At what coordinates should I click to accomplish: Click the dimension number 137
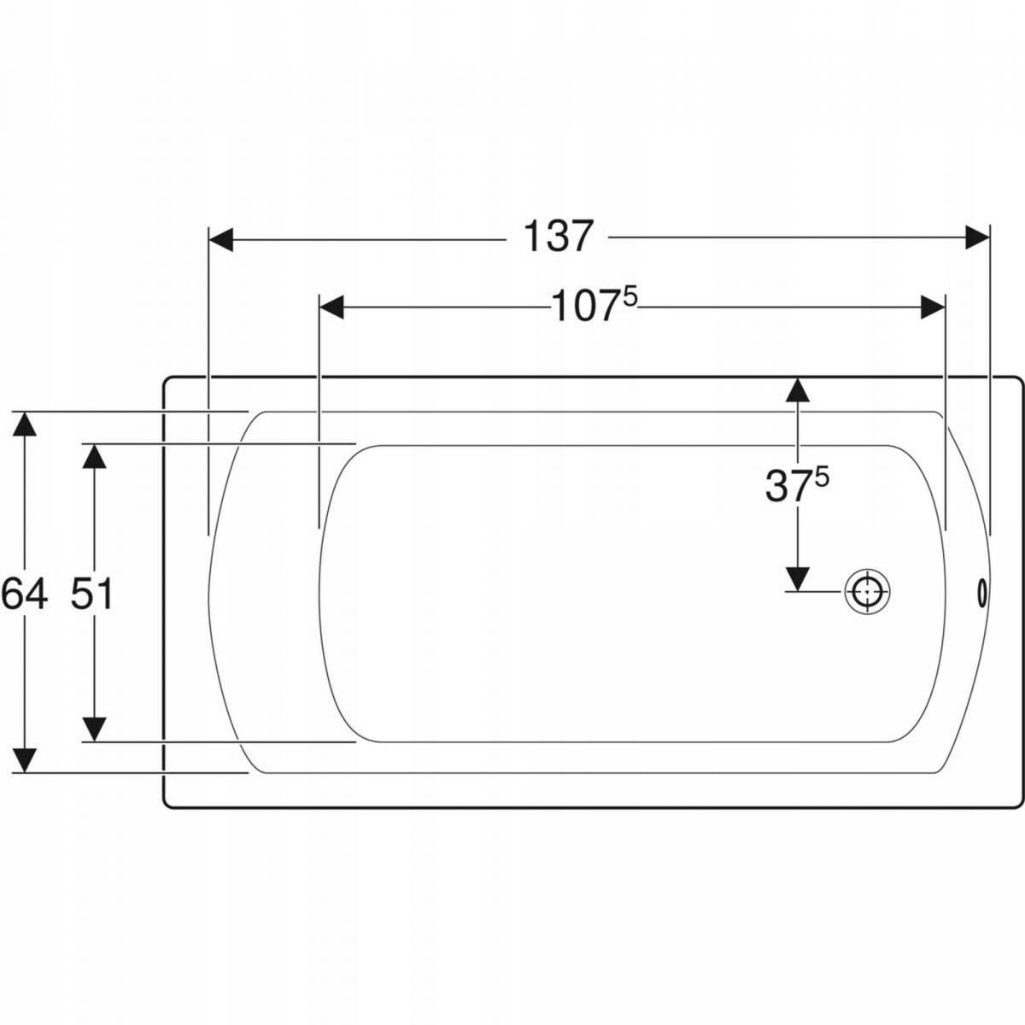click(558, 237)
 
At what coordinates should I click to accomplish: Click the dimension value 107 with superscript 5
click(594, 306)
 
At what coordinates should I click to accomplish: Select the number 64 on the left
click(25, 594)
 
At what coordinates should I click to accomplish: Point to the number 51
click(91, 594)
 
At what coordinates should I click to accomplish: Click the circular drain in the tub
click(867, 591)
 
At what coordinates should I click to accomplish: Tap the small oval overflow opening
click(982, 591)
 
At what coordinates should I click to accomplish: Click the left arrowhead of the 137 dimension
click(220, 239)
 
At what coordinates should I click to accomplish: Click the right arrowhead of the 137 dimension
click(977, 237)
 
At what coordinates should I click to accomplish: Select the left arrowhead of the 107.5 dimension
click(331, 307)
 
